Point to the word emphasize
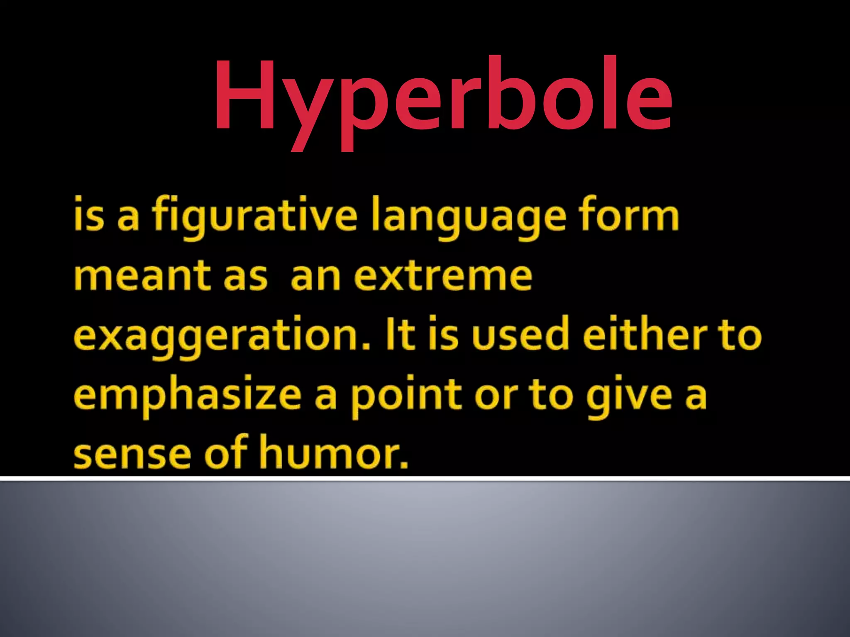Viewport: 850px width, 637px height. tap(188, 396)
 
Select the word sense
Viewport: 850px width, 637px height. tap(132, 455)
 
